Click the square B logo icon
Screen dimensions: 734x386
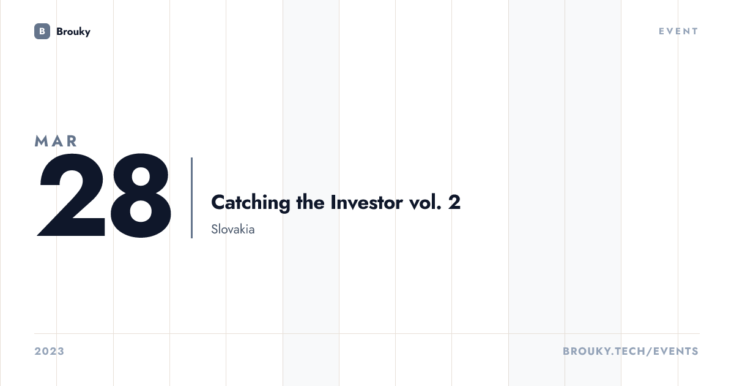(42, 31)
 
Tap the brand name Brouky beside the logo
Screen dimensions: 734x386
(73, 32)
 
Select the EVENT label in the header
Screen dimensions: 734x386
(678, 31)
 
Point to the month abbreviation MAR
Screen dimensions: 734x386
(56, 141)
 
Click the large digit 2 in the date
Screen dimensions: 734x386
(72, 195)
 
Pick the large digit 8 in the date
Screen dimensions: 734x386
(141, 195)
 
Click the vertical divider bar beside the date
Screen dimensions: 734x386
(191, 197)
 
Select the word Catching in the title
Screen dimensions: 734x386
(251, 203)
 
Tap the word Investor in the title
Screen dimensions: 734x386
(366, 202)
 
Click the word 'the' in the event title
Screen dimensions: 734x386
(310, 202)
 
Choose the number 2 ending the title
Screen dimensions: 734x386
(454, 202)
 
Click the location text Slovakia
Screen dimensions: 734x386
(233, 229)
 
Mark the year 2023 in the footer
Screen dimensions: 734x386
(50, 351)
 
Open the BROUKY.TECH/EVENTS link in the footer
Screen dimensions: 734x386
(631, 351)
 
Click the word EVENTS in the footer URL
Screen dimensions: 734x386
(676, 351)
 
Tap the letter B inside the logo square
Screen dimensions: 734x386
(42, 31)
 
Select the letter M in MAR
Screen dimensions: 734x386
(42, 141)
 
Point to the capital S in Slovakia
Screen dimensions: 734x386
(214, 229)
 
